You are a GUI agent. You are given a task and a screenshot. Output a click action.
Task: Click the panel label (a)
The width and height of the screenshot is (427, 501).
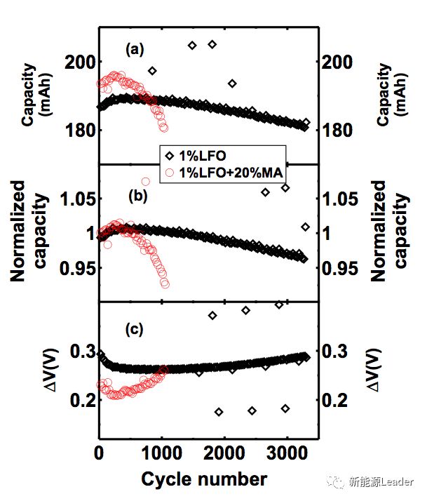click(x=135, y=50)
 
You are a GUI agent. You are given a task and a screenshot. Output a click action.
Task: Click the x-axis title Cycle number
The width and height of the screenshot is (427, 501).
click(x=204, y=479)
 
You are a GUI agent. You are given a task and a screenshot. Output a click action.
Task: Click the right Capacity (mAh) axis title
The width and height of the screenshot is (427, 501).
click(x=391, y=95)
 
